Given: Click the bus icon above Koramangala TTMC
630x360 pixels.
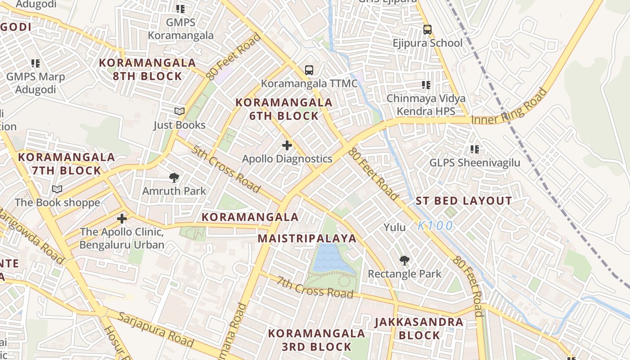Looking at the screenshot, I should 309,70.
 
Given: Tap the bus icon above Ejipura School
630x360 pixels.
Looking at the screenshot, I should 427,30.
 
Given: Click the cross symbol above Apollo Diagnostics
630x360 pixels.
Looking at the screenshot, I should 287,145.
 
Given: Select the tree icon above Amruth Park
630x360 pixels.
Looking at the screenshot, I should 174,178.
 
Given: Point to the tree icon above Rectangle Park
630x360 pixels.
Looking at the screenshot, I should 404,260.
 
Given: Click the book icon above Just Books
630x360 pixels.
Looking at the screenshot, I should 179,111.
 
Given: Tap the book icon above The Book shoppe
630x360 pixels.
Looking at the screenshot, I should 57,189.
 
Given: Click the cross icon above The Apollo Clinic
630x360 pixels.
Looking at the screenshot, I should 121,219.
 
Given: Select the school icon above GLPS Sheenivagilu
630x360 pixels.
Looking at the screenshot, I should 474,149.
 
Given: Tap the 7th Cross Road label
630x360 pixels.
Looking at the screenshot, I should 315,287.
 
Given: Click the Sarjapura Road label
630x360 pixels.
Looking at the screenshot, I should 155,328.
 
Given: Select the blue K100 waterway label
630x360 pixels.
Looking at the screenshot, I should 435,226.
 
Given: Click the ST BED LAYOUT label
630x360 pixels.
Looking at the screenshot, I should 463,201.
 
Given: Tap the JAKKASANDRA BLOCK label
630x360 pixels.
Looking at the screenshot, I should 419,328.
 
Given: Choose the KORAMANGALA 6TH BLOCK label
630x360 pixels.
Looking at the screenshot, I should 284,109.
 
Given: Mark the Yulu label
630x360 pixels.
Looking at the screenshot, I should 395,227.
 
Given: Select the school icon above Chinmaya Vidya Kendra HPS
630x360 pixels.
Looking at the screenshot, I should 426,85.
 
